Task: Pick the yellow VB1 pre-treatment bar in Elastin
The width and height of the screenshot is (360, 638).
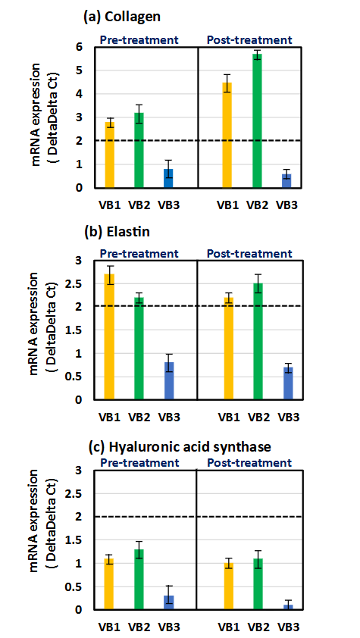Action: [x=110, y=336]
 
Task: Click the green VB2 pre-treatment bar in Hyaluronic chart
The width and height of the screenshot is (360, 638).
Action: [x=139, y=580]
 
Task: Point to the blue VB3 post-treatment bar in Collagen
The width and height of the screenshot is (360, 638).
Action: [x=287, y=180]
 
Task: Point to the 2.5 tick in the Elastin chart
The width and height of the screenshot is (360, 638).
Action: [x=80, y=283]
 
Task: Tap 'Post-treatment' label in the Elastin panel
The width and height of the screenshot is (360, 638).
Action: [x=249, y=254]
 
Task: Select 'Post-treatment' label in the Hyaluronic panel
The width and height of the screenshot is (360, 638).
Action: [x=249, y=463]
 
